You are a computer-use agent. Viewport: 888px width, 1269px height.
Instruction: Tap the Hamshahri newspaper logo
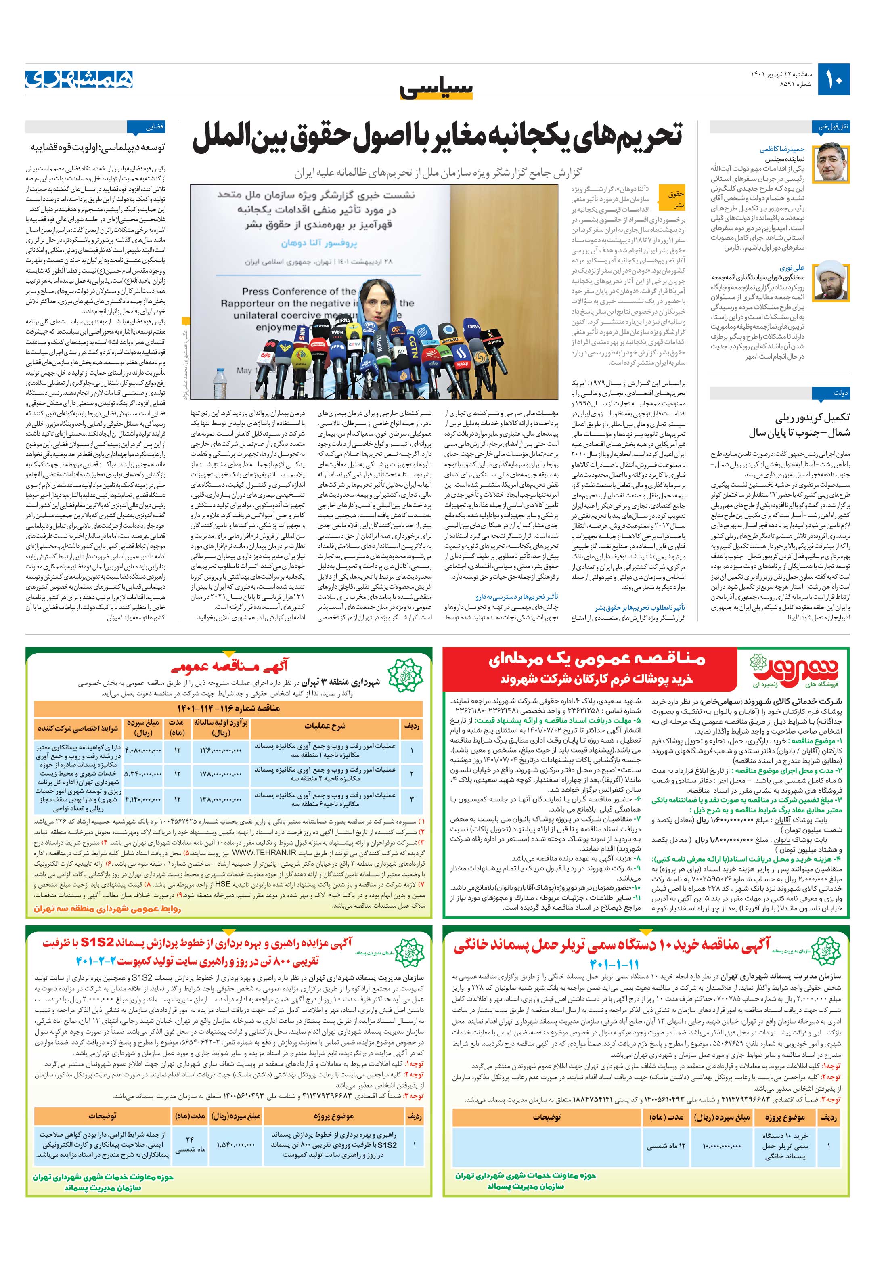pos(79,80)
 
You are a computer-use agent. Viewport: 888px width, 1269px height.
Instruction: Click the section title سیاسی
pos(437,88)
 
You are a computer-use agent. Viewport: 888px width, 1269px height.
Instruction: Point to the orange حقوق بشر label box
pos(675,199)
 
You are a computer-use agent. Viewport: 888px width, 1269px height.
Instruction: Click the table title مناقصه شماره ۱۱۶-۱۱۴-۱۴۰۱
pos(228,708)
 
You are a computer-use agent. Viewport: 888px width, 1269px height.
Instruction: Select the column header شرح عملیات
pos(325,726)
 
